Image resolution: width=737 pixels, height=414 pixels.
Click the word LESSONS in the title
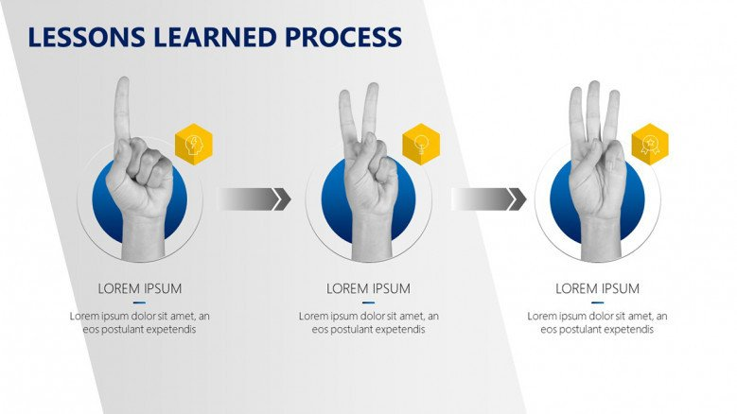coord(86,37)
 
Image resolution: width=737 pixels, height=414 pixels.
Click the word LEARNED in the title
coord(215,37)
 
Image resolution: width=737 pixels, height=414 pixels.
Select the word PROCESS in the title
coord(343,37)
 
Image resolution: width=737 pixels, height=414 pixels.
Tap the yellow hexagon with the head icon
coord(194,144)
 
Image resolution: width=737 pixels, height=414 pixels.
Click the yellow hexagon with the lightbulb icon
coord(421,144)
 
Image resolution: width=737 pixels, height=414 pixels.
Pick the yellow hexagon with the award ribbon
coord(650,144)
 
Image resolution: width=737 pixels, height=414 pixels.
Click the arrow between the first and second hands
coord(254,199)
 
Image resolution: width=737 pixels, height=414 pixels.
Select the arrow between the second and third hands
coord(489,199)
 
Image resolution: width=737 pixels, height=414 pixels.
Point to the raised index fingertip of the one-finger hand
coord(123,80)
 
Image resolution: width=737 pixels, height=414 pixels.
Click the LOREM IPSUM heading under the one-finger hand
coord(140,288)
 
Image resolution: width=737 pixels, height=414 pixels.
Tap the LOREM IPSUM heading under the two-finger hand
coord(369,288)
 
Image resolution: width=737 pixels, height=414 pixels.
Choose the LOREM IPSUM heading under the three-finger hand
coord(597,288)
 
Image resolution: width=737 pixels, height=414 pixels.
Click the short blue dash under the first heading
coord(140,302)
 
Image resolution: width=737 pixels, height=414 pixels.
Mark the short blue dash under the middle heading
coord(369,302)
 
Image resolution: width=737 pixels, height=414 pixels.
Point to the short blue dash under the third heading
coord(597,302)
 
